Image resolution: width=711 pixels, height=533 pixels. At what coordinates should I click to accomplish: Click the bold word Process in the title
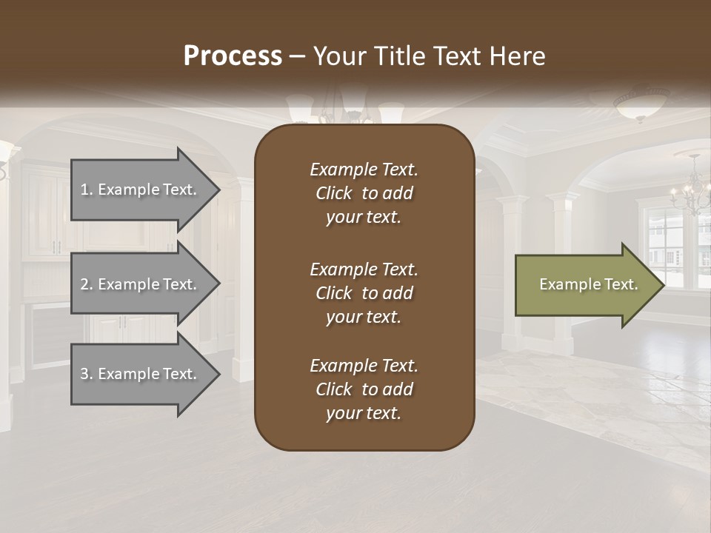[x=233, y=56]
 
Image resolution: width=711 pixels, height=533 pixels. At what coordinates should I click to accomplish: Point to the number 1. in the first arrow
[x=87, y=190]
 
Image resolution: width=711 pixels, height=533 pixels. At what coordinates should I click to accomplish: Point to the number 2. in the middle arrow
[x=87, y=284]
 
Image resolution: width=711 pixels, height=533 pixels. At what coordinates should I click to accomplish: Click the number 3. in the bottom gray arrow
[x=87, y=374]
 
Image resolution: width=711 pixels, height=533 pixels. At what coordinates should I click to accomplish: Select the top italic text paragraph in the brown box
[x=364, y=193]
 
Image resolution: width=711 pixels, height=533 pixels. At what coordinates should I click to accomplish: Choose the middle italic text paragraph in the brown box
[x=364, y=293]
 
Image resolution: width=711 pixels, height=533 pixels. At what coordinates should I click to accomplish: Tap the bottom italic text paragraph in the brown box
[x=364, y=389]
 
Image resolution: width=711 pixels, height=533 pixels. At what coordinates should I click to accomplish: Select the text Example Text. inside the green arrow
[x=588, y=284]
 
